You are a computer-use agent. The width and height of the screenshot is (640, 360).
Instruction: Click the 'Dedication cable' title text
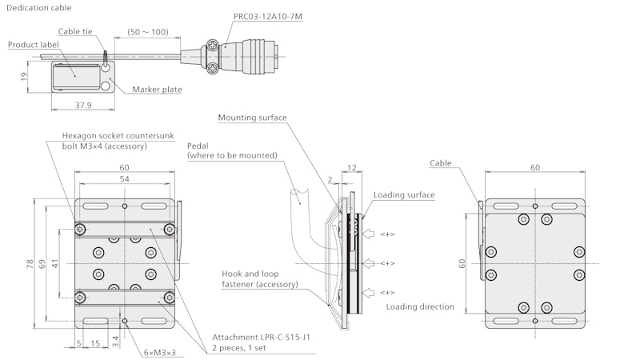38,7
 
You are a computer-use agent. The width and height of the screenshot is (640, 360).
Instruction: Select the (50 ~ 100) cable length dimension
148,33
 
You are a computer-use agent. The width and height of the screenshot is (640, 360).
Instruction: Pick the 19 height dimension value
25,77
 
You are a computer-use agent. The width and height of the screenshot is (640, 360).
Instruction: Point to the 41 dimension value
54,262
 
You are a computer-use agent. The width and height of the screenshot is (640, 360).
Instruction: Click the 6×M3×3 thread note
159,353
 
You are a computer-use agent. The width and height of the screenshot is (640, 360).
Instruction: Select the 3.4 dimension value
115,342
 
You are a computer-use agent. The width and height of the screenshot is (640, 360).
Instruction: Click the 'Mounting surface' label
252,118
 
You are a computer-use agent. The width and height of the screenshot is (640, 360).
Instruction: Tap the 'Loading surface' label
404,194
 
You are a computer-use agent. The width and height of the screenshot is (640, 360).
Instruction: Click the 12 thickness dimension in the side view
354,168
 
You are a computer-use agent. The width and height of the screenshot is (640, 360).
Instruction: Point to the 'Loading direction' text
420,306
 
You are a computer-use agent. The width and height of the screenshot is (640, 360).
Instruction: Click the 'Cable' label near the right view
440,163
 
